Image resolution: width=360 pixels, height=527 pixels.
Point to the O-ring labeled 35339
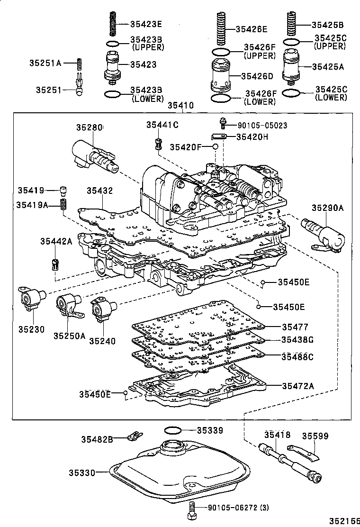173,430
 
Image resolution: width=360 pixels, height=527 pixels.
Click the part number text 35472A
298,386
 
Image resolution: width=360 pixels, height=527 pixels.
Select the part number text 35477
295,327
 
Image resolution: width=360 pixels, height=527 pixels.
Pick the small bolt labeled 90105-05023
221,124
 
